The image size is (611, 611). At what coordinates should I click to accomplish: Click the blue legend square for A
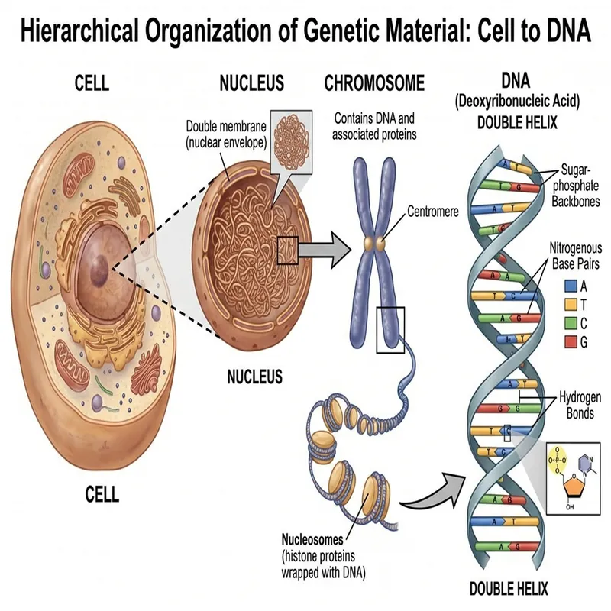coord(570,286)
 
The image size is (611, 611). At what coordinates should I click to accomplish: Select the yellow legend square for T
coord(570,305)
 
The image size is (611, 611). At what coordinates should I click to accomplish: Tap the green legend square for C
coord(570,323)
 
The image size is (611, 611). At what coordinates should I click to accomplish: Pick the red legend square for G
coord(570,341)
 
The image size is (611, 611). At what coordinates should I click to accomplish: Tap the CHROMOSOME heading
coord(374,82)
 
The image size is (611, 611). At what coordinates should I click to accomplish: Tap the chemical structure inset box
coord(575,477)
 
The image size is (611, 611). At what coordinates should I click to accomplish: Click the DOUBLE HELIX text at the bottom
coord(509,590)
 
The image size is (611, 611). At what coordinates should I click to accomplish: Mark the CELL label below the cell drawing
coord(102,495)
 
